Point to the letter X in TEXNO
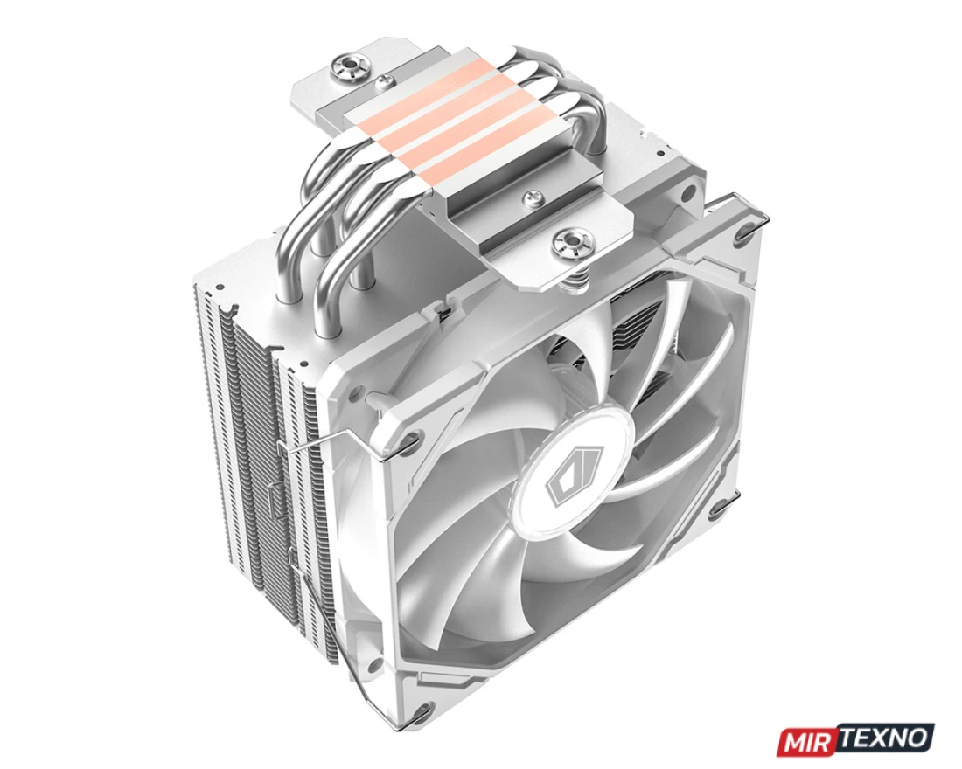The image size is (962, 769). (x=886, y=738)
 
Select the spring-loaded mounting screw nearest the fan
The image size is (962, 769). (x=574, y=243)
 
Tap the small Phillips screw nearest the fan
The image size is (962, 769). (x=530, y=198)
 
